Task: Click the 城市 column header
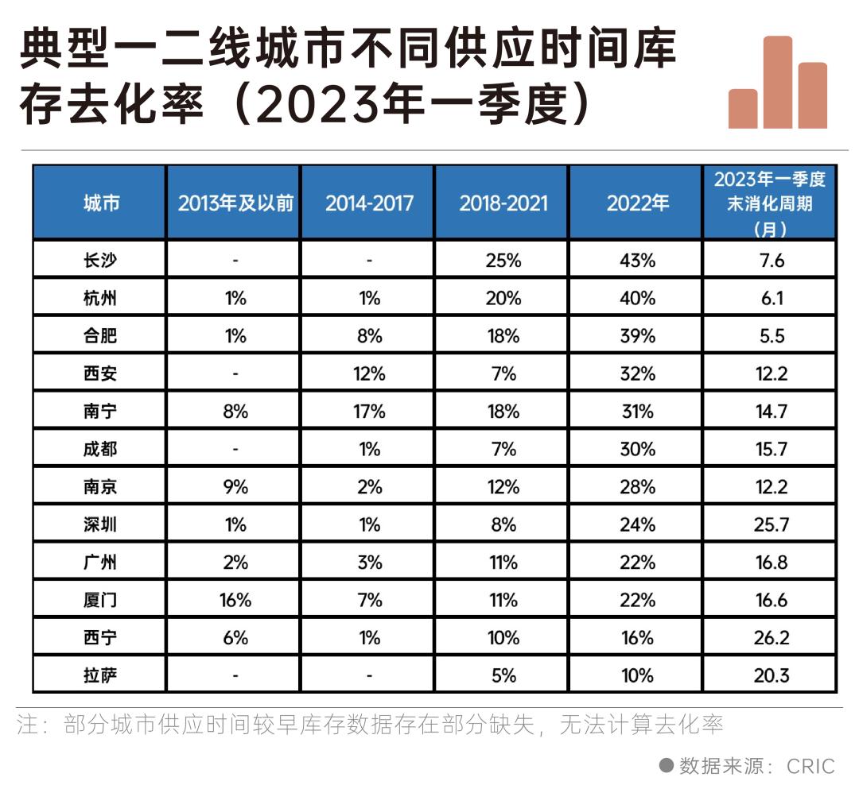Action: click(100, 203)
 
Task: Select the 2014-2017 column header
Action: click(369, 203)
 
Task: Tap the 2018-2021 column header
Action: click(503, 203)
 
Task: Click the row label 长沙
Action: click(100, 260)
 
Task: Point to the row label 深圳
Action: click(100, 524)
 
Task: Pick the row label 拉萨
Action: click(100, 675)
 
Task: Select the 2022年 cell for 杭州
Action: click(637, 298)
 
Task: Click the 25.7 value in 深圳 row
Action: click(771, 524)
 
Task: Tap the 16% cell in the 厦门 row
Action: click(235, 600)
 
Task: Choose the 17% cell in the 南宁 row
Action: click(369, 412)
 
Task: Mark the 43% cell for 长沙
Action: click(637, 260)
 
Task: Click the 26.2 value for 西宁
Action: click(771, 638)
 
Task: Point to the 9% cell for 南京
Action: click(235, 487)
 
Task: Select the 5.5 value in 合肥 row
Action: click(771, 335)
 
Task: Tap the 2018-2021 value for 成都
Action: click(503, 449)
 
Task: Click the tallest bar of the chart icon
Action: click(778, 83)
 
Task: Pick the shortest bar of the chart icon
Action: click(743, 109)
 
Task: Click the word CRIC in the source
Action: click(810, 766)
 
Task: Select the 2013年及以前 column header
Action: click(235, 203)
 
